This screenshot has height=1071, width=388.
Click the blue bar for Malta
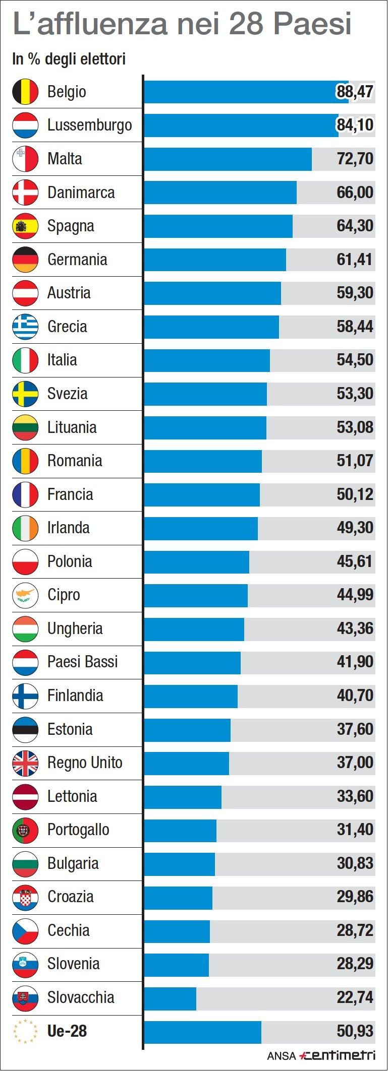(x=228, y=159)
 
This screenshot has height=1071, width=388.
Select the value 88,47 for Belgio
(x=355, y=92)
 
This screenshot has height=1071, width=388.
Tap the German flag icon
(x=25, y=260)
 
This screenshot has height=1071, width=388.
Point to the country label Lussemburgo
(x=89, y=125)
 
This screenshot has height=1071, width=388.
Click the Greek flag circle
(x=25, y=327)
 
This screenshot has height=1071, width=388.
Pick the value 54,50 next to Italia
(x=355, y=360)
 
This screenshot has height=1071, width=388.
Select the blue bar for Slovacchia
(x=170, y=997)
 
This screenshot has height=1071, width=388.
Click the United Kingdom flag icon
(x=25, y=763)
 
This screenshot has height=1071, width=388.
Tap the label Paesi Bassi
(x=82, y=662)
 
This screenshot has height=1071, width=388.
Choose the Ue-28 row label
(x=67, y=1031)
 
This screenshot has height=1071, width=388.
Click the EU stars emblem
(x=25, y=1031)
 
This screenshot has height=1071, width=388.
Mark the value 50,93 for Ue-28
(x=355, y=1031)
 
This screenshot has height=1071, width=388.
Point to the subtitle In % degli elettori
(x=69, y=59)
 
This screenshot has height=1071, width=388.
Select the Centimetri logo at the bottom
(x=337, y=1055)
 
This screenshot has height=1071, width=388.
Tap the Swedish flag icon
(x=25, y=394)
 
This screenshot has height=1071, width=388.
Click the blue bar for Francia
(x=202, y=494)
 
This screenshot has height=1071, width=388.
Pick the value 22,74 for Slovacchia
(x=355, y=997)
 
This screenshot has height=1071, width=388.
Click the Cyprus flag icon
(x=25, y=595)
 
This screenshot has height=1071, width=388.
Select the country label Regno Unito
(x=85, y=763)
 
